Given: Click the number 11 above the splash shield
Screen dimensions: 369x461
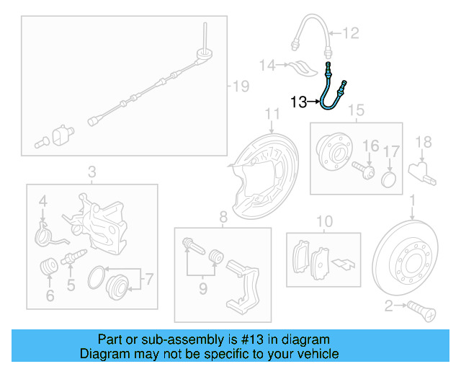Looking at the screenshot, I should pos(272,114).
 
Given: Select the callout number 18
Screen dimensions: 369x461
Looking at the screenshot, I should pos(424,142).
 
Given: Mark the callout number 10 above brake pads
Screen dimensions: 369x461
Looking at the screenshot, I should pos(324,221).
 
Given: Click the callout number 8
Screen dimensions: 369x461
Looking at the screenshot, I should pos(223,216).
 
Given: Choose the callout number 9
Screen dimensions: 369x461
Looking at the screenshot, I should pos(203,289).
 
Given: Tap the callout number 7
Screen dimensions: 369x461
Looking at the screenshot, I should pos(149,277).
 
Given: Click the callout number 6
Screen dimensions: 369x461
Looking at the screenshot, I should pos(50,295).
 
